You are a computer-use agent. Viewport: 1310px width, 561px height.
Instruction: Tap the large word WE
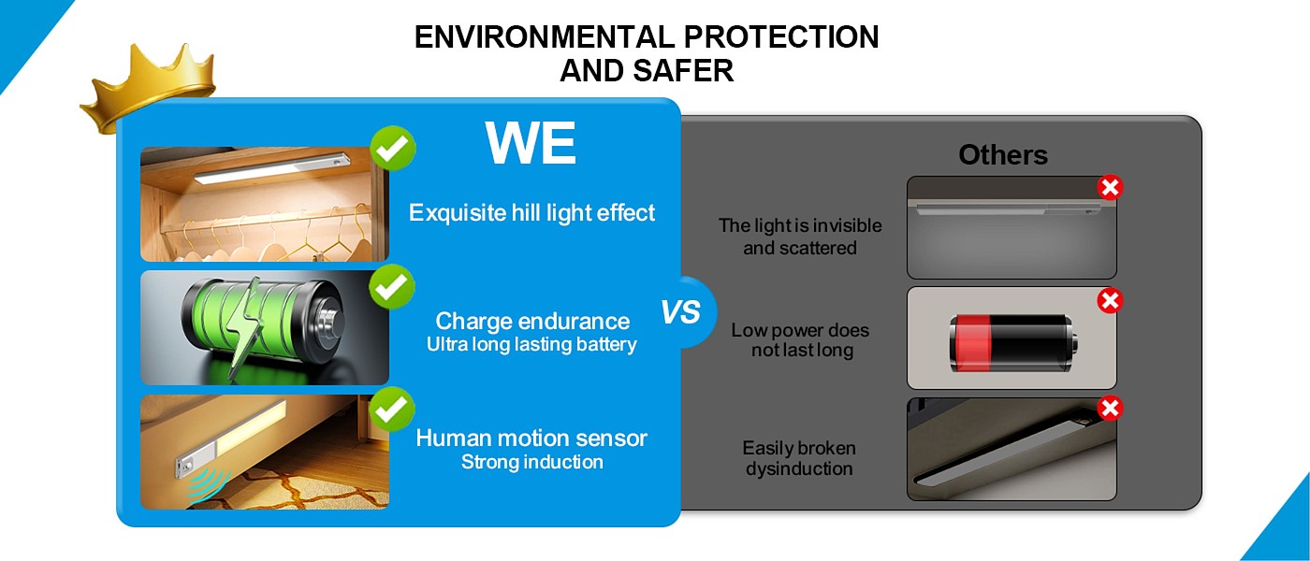[x=531, y=143]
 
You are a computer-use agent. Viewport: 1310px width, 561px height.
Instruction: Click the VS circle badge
[x=681, y=311]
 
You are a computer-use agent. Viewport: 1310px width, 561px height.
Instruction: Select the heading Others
[x=1003, y=155]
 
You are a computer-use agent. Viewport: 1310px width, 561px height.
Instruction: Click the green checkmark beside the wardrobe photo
[x=393, y=148]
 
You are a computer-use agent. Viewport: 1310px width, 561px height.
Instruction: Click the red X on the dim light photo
[x=1110, y=188]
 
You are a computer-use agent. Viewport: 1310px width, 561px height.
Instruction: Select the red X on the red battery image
[x=1110, y=301]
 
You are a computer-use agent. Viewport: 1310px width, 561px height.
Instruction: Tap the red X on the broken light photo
[x=1110, y=409]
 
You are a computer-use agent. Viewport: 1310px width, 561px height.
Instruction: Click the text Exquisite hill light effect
[x=531, y=212]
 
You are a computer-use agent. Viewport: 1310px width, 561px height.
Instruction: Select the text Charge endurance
[x=531, y=321]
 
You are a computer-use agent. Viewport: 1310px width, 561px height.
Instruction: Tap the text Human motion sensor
[x=531, y=438]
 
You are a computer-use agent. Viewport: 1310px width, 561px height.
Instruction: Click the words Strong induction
[x=531, y=462]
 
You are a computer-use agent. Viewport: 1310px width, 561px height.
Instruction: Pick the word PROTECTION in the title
[x=781, y=37]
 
